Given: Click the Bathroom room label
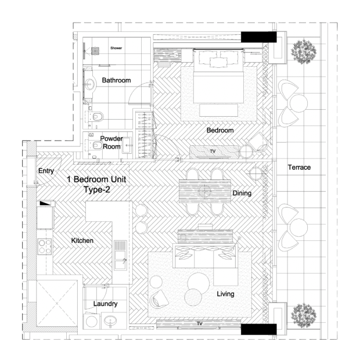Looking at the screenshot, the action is click(116, 80).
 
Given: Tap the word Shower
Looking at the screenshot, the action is click(116, 48).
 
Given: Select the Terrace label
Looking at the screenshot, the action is click(299, 167).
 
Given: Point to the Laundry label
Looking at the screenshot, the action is click(105, 304).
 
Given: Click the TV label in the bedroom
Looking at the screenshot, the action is click(213, 152).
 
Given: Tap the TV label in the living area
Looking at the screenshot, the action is click(200, 323).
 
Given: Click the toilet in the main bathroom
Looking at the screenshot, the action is click(96, 117).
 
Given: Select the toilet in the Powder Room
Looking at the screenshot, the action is click(96, 145).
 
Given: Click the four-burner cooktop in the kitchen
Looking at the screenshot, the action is click(45, 247).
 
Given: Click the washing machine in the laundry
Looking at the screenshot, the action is click(92, 321).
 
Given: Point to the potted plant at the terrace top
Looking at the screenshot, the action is click(304, 52).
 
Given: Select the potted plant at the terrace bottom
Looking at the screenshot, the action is click(304, 315).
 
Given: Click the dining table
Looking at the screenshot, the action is click(205, 191).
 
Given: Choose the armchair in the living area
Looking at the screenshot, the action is click(159, 298).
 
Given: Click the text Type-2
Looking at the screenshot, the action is click(96, 190).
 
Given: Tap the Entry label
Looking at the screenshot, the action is click(46, 171).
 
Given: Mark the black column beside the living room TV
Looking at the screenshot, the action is click(258, 329).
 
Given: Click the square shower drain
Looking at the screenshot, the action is click(95, 51).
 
